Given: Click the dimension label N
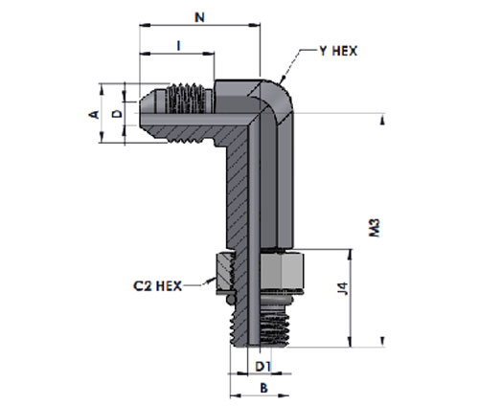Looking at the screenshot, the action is tap(199, 17).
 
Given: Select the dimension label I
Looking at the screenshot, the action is tap(179, 46).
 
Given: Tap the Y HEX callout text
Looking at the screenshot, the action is tap(338, 51).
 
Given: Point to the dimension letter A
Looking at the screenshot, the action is tap(94, 114).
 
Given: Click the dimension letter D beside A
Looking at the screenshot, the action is tap(118, 113).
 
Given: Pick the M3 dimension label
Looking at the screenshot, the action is tap(375, 228).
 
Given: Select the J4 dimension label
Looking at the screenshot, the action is tap(344, 288).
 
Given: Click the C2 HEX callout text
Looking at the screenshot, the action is tap(157, 285).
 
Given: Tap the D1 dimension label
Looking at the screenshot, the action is tap(263, 367).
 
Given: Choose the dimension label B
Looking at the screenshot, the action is tap(263, 388).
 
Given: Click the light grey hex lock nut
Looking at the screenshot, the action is tap(282, 269).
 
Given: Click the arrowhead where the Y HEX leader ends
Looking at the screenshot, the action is tap(283, 79).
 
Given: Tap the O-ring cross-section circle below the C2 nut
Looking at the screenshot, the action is tap(231, 299).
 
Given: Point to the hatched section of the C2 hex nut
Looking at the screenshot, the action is tap(225, 271).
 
